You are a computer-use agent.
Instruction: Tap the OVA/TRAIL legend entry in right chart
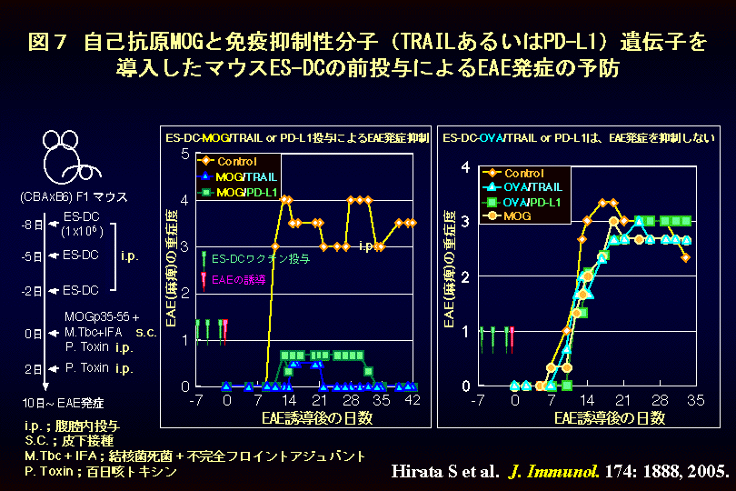(529, 187)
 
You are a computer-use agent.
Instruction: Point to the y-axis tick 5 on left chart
(184, 154)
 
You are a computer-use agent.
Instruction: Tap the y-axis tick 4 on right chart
(466, 166)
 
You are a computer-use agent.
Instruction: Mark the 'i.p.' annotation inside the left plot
(366, 245)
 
